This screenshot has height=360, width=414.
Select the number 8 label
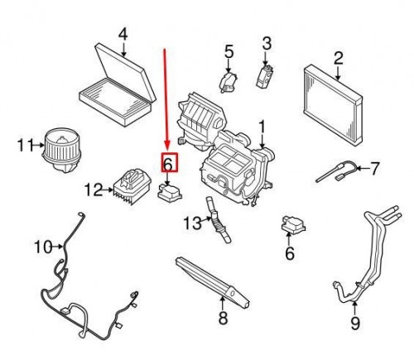222,318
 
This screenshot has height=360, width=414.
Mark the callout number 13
190,222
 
